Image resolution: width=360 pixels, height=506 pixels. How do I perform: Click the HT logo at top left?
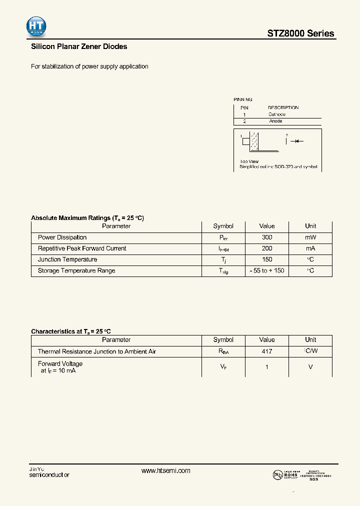[36, 27]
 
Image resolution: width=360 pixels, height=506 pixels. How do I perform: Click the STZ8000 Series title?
[300, 33]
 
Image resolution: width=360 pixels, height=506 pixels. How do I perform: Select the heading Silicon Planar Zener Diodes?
[79, 46]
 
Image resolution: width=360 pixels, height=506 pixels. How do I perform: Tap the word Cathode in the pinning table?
[276, 114]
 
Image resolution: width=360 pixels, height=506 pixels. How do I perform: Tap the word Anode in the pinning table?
[275, 121]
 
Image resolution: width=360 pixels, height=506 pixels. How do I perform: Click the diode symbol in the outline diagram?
[298, 141]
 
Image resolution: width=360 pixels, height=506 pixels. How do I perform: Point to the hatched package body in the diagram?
[255, 142]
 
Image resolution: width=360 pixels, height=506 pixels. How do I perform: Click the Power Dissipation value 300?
[267, 237]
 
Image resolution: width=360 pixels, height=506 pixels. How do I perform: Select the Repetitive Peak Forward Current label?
[82, 248]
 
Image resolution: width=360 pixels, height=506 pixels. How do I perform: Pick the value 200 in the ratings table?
[267, 248]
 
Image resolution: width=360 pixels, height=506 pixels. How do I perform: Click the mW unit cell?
[310, 237]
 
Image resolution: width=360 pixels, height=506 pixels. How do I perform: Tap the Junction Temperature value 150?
[267, 259]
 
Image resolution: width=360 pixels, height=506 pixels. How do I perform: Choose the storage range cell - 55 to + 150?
[267, 270]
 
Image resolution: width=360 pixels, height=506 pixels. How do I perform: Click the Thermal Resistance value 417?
[267, 351]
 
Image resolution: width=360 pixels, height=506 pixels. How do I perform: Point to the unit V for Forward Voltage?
[310, 367]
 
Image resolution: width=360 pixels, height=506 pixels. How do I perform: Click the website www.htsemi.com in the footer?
[166, 471]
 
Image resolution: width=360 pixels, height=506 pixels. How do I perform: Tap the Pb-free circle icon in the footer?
[277, 475]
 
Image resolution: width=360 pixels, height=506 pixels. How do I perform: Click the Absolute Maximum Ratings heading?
[87, 218]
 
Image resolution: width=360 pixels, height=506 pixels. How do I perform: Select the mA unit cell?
[310, 248]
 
